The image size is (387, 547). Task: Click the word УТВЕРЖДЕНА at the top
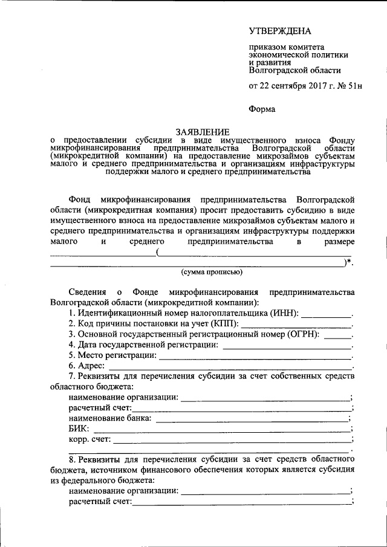(x=281, y=31)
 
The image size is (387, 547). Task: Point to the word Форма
(x=262, y=109)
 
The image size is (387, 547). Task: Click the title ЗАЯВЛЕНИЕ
(x=203, y=132)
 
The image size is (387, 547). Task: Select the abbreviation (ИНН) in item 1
(x=283, y=313)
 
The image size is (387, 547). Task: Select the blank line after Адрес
(x=230, y=367)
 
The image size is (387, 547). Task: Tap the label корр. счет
(x=89, y=439)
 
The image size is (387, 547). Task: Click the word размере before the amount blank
(x=337, y=242)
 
